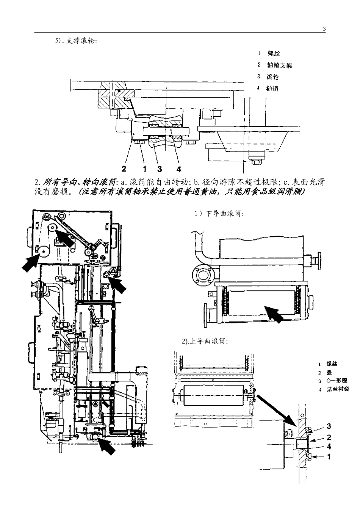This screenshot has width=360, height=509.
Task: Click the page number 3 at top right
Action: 324,29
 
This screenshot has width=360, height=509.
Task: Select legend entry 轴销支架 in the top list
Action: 279,66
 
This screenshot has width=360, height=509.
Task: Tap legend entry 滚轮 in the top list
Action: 272,77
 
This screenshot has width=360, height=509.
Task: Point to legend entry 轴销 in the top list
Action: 272,88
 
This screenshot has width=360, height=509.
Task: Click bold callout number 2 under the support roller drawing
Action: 124,169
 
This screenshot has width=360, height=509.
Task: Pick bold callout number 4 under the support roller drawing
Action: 179,169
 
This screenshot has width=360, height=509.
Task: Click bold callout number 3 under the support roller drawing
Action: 160,169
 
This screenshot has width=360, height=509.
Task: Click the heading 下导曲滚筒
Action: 224,214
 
